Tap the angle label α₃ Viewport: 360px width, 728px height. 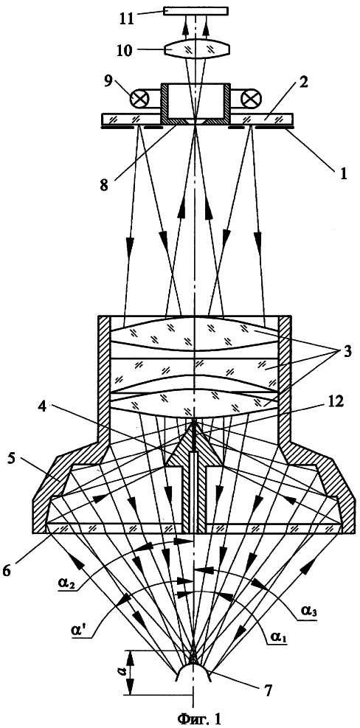(x=308, y=609)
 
